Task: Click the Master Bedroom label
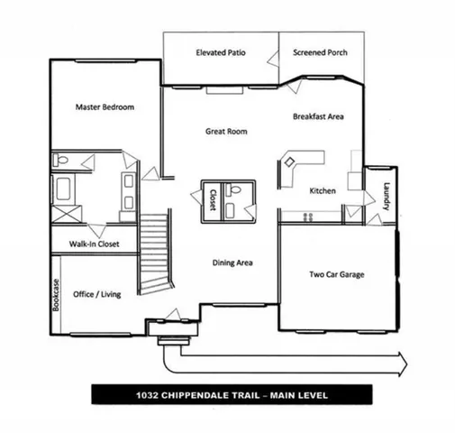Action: point(105,107)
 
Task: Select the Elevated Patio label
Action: point(221,53)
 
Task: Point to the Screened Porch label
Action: point(320,53)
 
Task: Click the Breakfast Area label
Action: point(319,116)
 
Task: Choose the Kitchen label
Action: point(322,191)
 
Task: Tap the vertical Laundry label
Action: point(386,197)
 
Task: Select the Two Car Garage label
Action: point(337,274)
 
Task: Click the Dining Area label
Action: point(232,263)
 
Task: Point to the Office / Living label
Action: point(97,293)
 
